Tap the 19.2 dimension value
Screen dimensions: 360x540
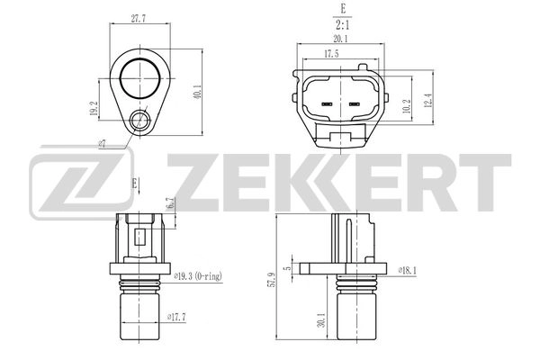[93, 109]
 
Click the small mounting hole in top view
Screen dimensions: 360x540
[139, 120]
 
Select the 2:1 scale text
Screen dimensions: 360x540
[340, 26]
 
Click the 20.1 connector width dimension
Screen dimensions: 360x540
[340, 39]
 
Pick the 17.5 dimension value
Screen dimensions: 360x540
[332, 54]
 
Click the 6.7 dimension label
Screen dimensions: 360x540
[171, 203]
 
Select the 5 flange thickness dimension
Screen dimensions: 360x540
[287, 267]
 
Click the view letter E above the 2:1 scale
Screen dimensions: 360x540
[340, 11]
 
